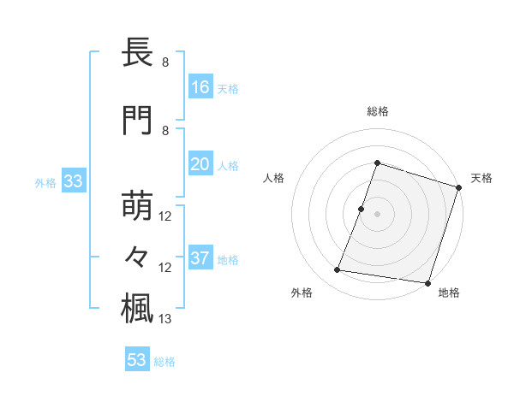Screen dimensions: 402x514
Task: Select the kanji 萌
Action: tap(138, 206)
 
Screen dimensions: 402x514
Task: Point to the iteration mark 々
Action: tap(138, 256)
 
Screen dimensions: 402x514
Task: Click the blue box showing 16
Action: tap(200, 87)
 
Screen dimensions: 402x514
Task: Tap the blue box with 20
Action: tap(200, 164)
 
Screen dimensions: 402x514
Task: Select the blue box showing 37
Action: tap(200, 258)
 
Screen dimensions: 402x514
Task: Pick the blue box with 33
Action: tap(73, 181)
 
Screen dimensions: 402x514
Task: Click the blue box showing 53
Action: tap(137, 360)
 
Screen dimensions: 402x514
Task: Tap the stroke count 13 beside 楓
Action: tap(165, 319)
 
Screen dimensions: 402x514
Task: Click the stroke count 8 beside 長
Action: tap(165, 62)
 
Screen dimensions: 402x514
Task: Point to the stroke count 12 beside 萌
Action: tap(165, 216)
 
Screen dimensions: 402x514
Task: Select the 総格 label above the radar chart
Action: tap(378, 111)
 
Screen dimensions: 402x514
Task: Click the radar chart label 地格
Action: tap(449, 293)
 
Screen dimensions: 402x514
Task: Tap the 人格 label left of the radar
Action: tap(274, 178)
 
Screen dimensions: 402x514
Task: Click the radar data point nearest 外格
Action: tap(338, 270)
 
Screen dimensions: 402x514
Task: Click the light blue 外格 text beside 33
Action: tap(45, 182)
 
